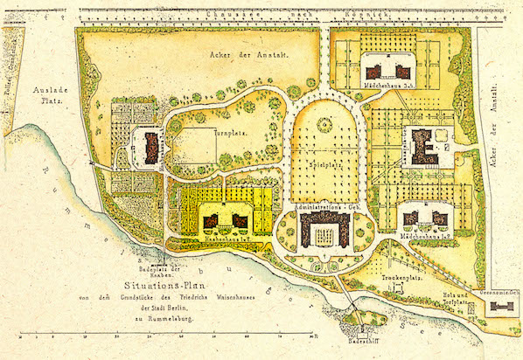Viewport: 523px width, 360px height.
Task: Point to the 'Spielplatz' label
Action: [x=324, y=163]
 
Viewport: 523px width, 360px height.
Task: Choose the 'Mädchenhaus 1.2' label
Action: [x=425, y=236]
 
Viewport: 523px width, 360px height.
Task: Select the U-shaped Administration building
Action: [x=325, y=230]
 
